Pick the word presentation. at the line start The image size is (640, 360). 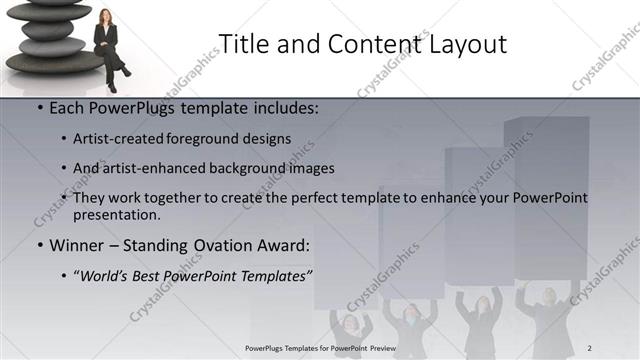[116, 214]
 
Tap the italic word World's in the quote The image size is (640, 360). [105, 273]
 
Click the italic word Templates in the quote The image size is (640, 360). [273, 273]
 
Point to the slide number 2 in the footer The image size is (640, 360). [590, 347]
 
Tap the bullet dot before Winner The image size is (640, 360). [38, 244]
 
